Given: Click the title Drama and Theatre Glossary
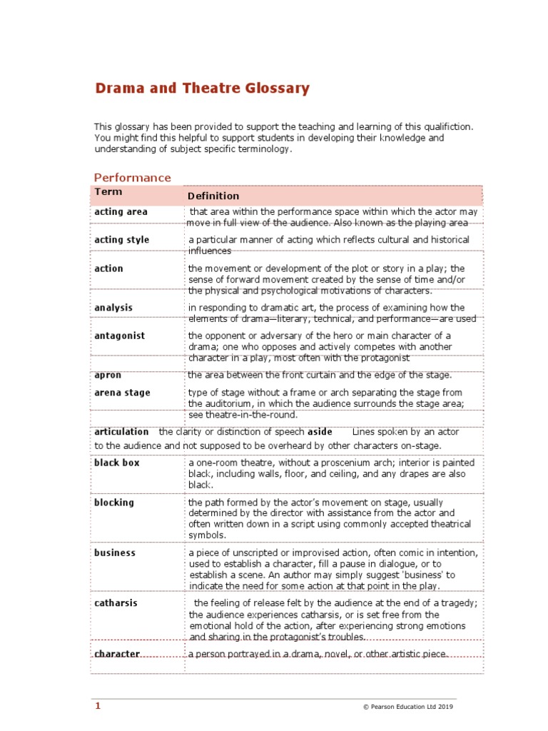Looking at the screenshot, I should [203, 89].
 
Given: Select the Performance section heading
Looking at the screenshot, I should [133, 178].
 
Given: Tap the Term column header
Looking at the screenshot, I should [108, 192].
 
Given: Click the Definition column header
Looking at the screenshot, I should [213, 196].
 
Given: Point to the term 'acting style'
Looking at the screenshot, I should [122, 240].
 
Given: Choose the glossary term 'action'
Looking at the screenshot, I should [108, 268].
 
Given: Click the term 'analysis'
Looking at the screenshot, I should [113, 308].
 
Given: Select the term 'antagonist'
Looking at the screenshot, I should [119, 336].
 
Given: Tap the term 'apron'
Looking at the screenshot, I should [107, 375].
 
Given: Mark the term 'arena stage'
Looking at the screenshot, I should [122, 393].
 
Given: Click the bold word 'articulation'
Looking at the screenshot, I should [121, 432].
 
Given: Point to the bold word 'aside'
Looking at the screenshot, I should [320, 432].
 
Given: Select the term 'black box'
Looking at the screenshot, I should [117, 463].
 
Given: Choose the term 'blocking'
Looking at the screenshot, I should [114, 502].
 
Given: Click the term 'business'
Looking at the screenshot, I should [115, 553].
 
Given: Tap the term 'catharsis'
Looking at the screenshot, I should [116, 603].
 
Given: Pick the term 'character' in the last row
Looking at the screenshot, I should [117, 654].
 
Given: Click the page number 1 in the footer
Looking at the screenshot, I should [98, 706].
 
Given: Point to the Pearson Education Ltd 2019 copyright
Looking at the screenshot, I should [407, 707].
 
